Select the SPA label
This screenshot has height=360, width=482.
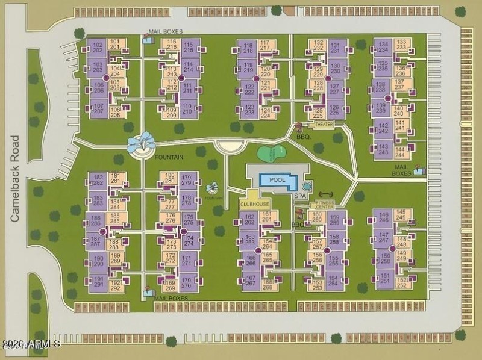[299, 196]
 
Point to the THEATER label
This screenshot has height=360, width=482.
[324, 125]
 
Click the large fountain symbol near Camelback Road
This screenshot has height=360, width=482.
[140, 145]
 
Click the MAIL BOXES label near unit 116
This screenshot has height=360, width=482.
[166, 32]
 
